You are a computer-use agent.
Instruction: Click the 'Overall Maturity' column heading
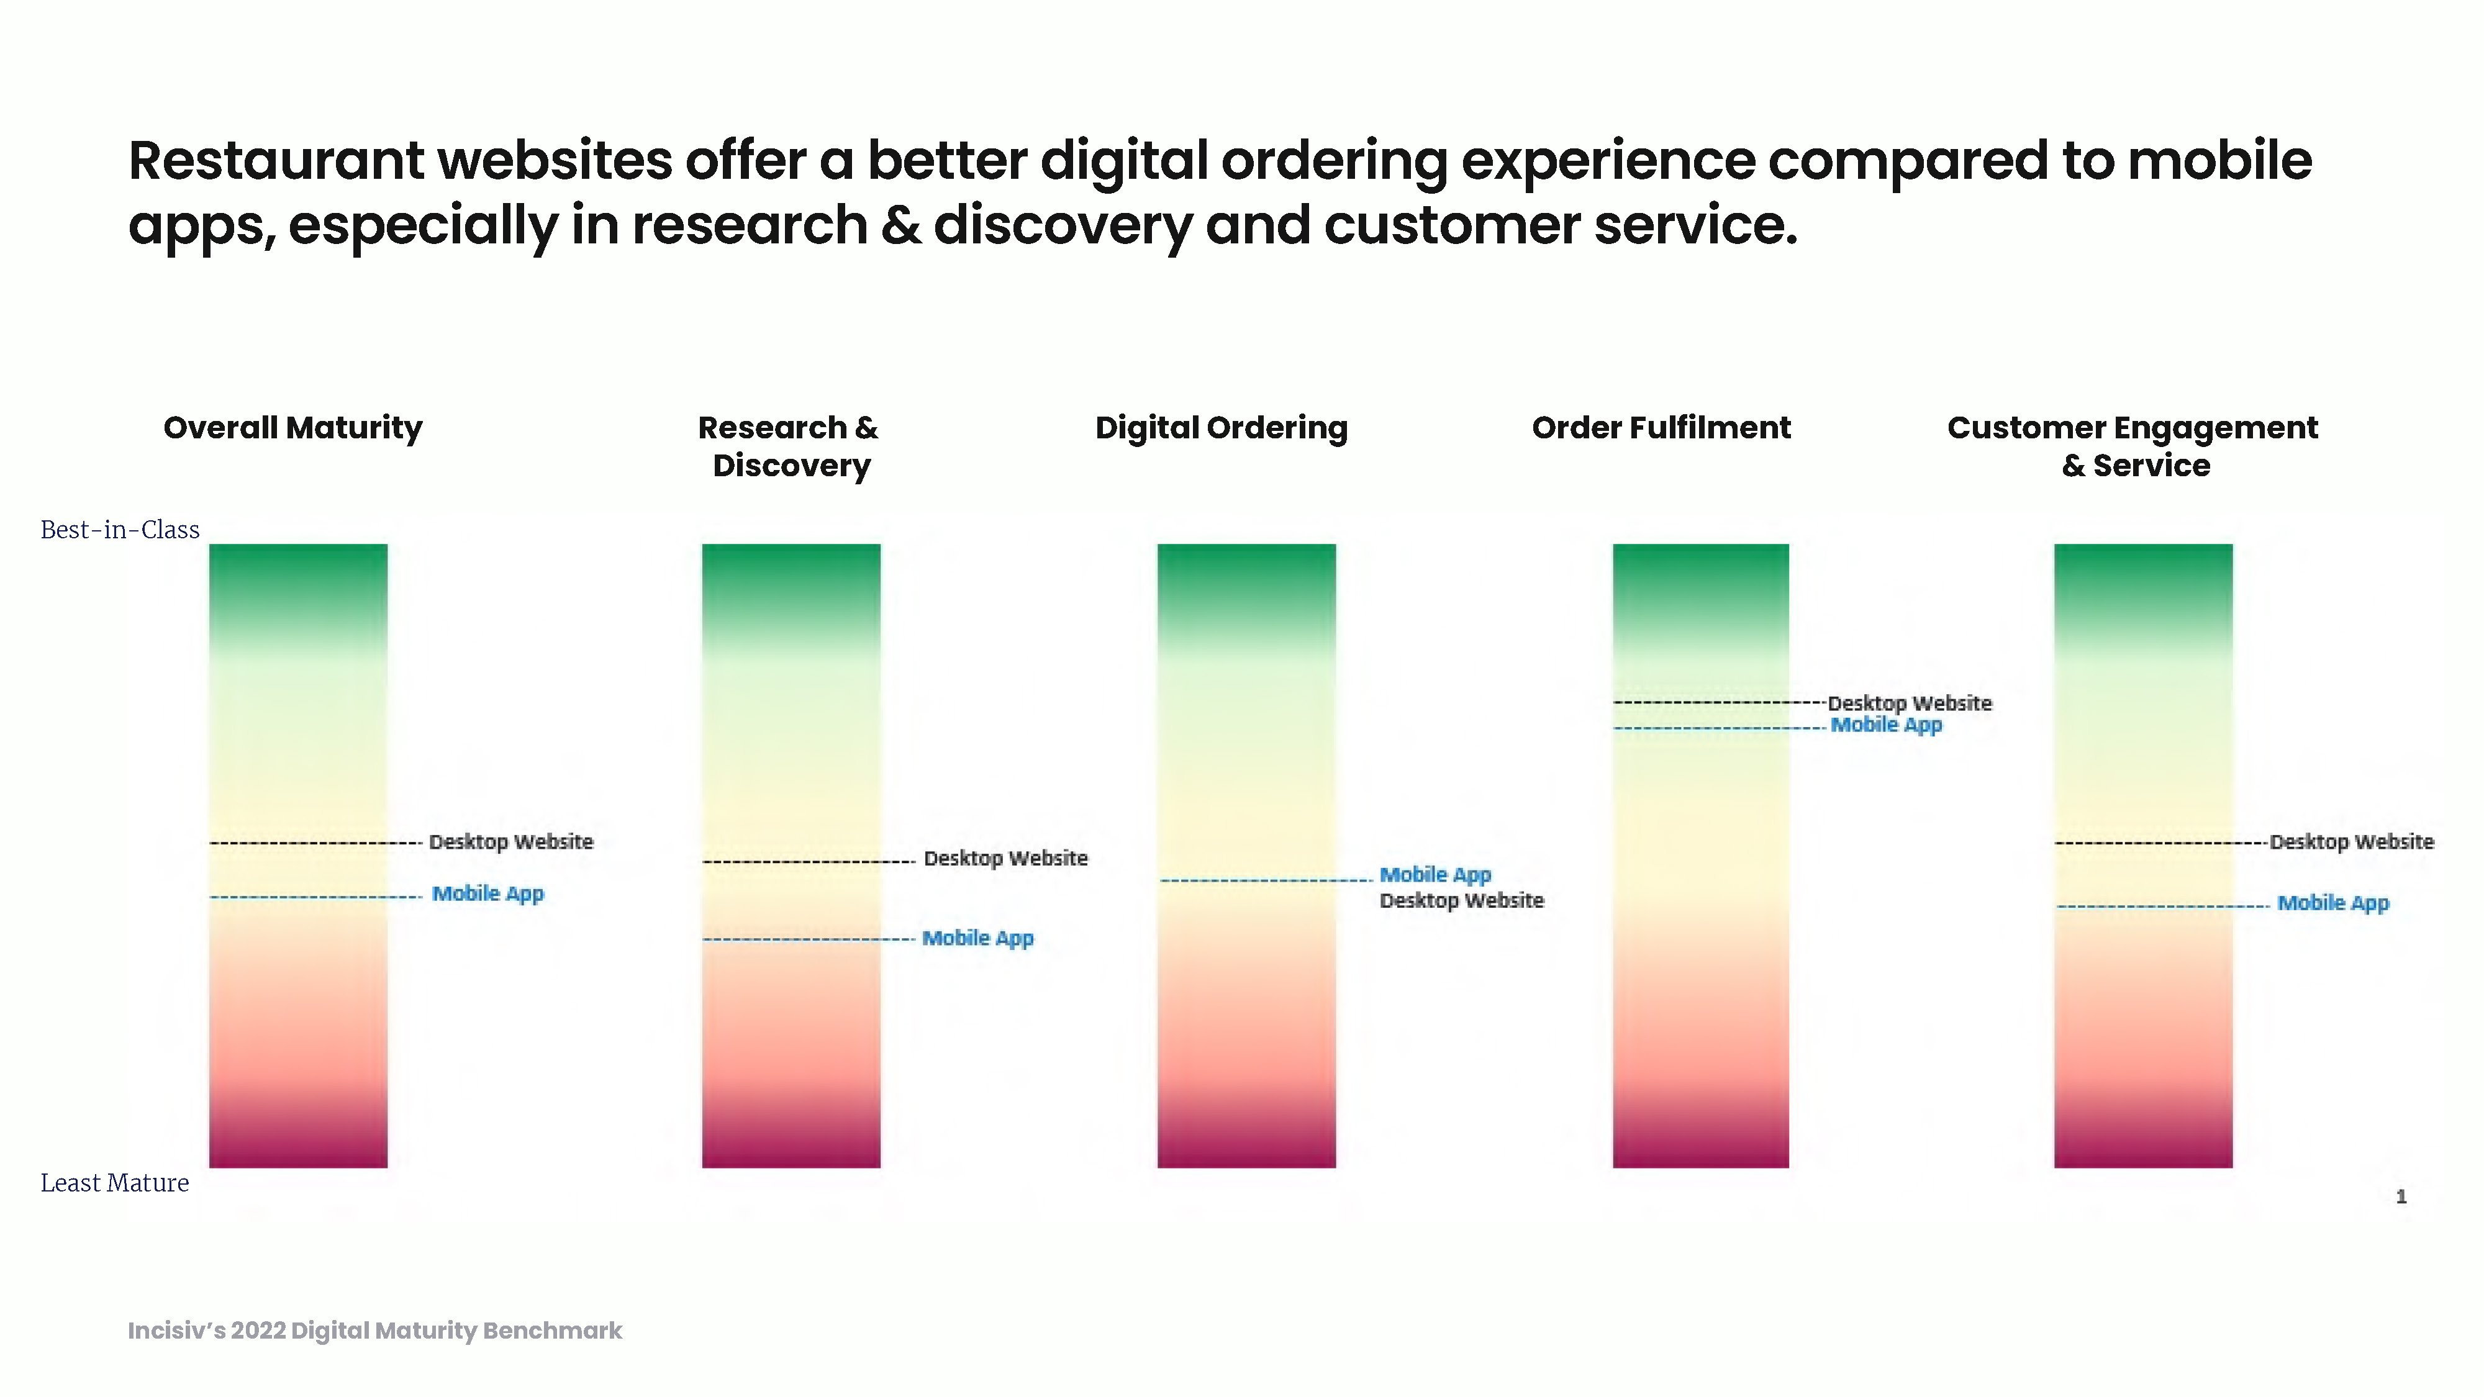293,428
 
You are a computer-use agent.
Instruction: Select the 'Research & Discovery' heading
789,446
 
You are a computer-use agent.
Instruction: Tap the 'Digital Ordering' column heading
1221,428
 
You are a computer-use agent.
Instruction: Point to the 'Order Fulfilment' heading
1661,427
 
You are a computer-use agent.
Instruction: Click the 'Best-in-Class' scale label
120,529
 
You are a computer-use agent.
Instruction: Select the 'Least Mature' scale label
115,1183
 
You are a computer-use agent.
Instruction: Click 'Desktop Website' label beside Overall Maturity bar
511,842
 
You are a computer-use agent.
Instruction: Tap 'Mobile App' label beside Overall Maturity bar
488,893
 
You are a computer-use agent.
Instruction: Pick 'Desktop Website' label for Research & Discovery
1006,858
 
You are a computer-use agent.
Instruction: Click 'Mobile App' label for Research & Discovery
978,938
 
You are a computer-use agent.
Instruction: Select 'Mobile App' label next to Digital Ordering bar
1435,874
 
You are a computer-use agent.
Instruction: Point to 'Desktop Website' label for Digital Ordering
1462,900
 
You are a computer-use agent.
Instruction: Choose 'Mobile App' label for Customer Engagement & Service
2334,903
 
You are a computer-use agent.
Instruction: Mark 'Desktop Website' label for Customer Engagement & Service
2352,842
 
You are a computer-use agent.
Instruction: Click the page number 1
2401,1196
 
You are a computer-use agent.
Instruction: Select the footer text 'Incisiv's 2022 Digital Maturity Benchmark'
375,1331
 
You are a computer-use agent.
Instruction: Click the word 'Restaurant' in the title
276,160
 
